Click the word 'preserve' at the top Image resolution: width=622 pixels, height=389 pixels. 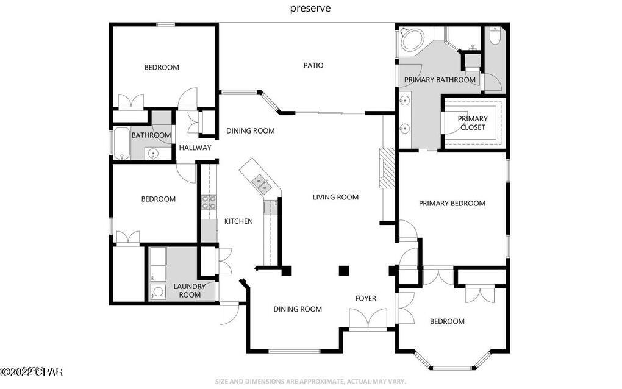pyautogui.click(x=310, y=9)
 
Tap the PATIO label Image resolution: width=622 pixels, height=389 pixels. pyautogui.click(x=313, y=65)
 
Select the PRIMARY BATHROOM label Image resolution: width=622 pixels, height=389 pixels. pyautogui.click(x=440, y=80)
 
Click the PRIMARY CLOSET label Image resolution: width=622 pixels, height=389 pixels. pyautogui.click(x=473, y=123)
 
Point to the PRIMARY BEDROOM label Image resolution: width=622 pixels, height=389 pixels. pyautogui.click(x=452, y=203)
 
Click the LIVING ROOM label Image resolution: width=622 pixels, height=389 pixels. pyautogui.click(x=335, y=197)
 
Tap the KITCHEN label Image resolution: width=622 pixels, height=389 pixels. pyautogui.click(x=238, y=221)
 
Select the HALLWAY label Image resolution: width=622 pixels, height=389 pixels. pyautogui.click(x=195, y=148)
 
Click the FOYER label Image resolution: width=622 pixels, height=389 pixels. pyautogui.click(x=366, y=298)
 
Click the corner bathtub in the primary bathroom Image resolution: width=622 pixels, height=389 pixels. pyautogui.click(x=411, y=40)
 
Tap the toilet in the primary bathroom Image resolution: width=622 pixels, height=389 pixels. pyautogui.click(x=495, y=37)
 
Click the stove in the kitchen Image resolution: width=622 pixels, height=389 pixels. pyautogui.click(x=209, y=202)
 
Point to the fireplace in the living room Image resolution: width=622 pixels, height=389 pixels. pyautogui.click(x=387, y=168)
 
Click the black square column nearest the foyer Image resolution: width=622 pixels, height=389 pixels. pyautogui.click(x=344, y=270)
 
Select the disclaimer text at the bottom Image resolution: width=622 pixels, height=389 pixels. pyautogui.click(x=310, y=381)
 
